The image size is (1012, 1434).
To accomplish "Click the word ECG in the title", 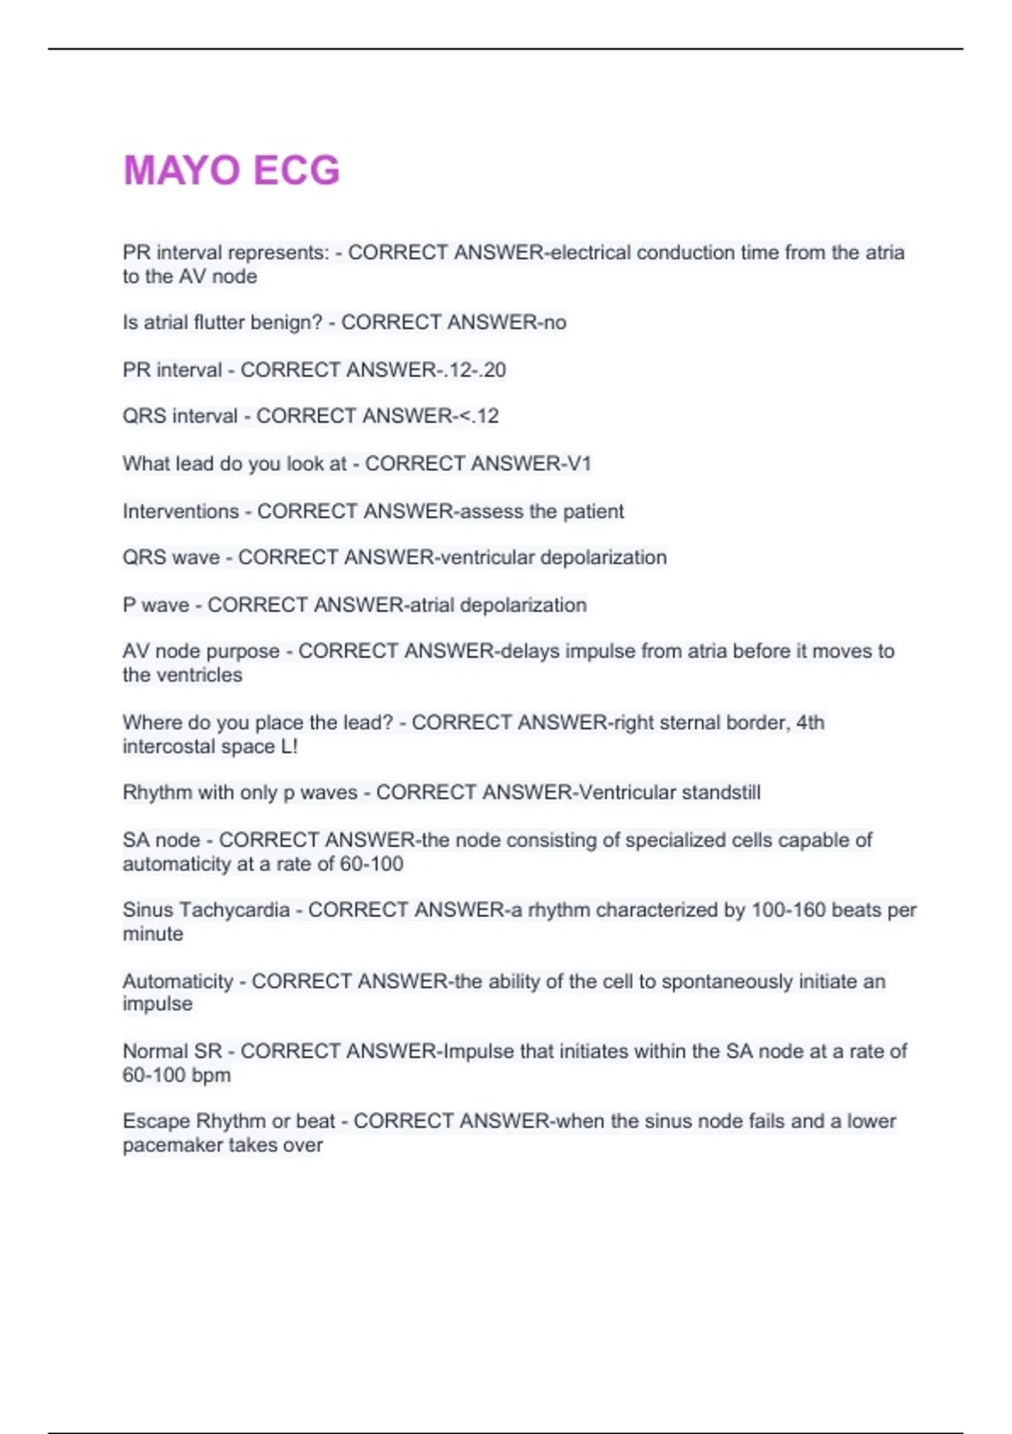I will pos(296,170).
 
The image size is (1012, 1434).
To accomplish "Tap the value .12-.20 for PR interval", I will pos(475,369).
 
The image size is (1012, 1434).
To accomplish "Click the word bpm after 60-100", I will pos(211,1075).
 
